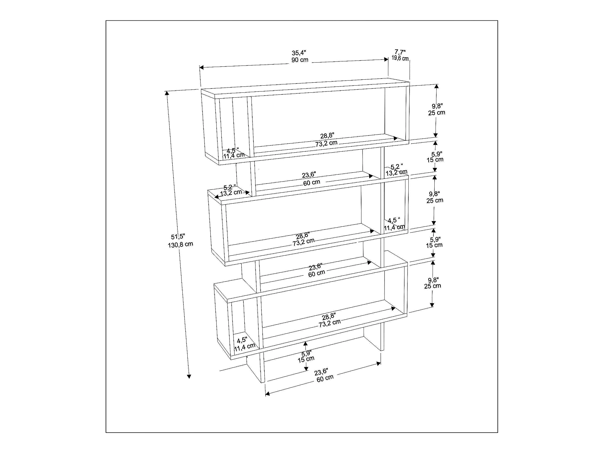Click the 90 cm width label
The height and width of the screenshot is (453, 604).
coord(300,60)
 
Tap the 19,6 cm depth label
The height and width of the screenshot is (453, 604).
coord(400,58)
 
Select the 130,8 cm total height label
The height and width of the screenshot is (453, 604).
coord(181,245)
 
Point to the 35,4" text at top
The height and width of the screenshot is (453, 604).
coord(299,53)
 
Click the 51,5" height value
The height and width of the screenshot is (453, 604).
coord(178,237)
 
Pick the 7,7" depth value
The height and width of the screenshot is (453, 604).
coord(400,52)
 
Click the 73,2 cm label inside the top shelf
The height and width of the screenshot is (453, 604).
coord(326,143)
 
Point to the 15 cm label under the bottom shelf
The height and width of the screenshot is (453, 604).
coord(306,359)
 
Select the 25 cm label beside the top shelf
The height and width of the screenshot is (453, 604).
coord(437,113)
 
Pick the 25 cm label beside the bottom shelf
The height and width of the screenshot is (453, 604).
coord(433,286)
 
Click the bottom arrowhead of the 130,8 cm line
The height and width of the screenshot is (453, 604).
coord(189,376)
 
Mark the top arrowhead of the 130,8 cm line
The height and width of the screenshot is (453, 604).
coord(167,93)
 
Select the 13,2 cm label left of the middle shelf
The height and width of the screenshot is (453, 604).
coord(231,193)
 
